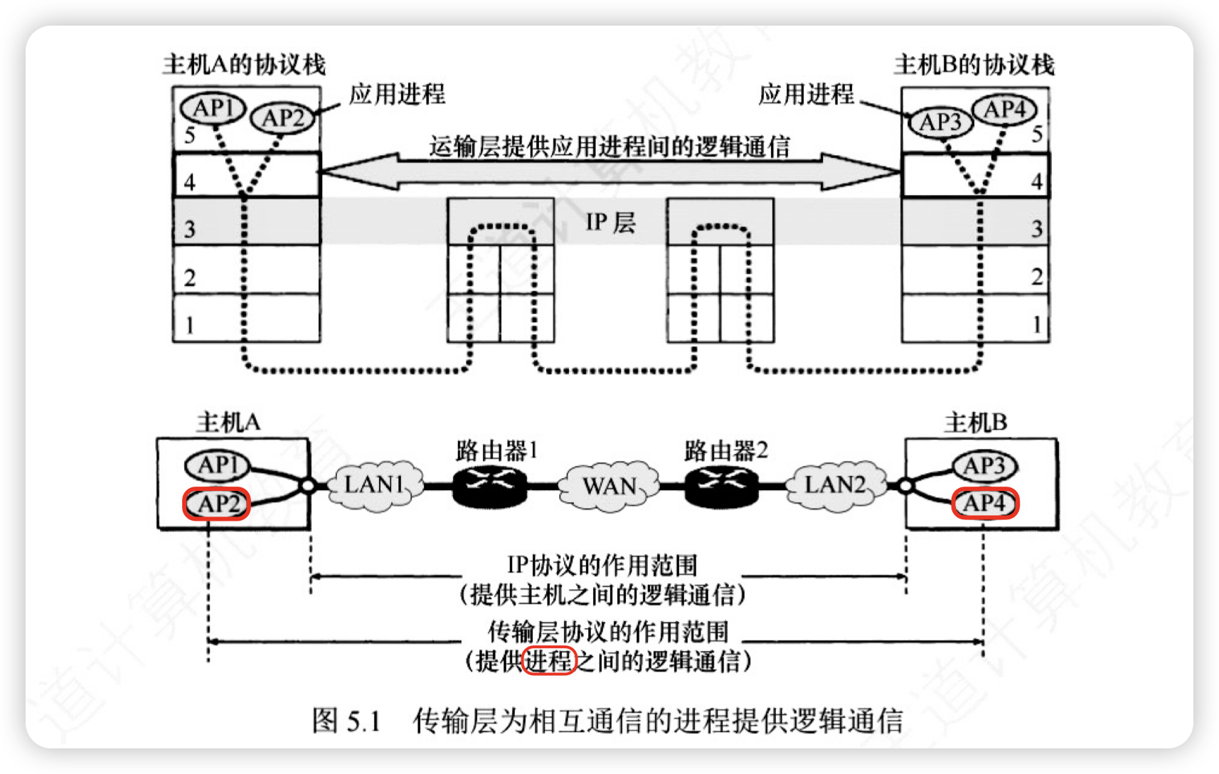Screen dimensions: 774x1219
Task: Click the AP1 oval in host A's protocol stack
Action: (x=213, y=109)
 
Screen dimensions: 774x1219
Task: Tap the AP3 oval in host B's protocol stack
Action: (x=940, y=122)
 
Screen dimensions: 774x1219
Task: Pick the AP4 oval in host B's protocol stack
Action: (x=1005, y=110)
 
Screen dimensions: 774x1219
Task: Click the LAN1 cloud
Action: (x=374, y=485)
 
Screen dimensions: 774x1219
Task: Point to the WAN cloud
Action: (x=609, y=486)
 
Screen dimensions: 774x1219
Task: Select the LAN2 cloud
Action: (x=836, y=485)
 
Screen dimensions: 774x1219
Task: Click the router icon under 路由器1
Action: (x=489, y=486)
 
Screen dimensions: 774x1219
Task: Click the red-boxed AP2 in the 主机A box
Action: (x=217, y=504)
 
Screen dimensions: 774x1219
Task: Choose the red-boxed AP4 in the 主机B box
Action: (x=985, y=504)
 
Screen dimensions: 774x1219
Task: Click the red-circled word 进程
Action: (x=548, y=662)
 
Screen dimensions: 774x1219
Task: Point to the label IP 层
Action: (x=610, y=223)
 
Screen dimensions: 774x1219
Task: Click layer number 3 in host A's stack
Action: (x=190, y=229)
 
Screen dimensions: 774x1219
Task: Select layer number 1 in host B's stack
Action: (x=1037, y=325)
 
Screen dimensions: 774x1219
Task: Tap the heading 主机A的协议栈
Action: (x=244, y=65)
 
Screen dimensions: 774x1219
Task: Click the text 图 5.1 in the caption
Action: (x=346, y=721)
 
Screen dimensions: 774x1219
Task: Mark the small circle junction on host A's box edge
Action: (x=307, y=486)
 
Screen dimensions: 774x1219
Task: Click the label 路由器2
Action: (x=725, y=451)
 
